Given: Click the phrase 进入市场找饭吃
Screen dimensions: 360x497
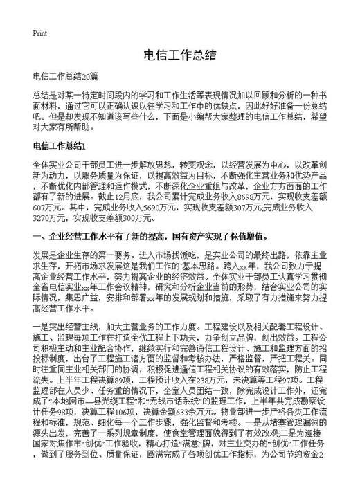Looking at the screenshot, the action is [x=147, y=255].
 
